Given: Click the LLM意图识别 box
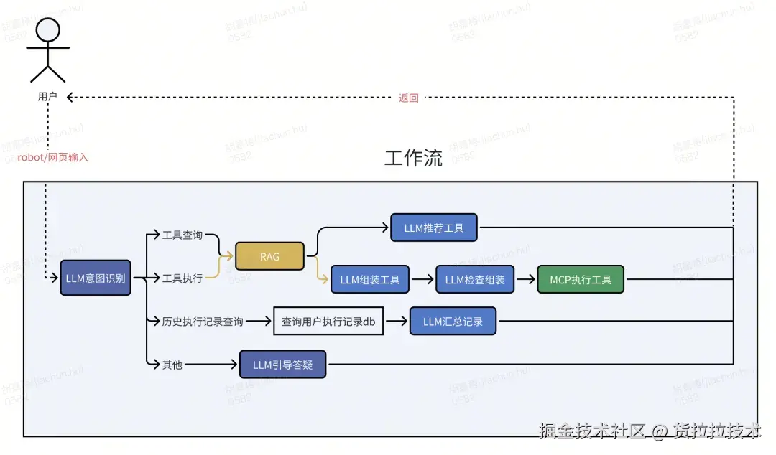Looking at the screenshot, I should pos(96,278).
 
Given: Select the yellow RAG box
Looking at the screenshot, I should pos(269,256).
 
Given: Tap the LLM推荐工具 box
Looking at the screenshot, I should pos(434,228).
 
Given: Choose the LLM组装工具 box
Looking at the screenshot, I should pos(370,279).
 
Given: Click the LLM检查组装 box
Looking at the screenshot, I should pos(475,279).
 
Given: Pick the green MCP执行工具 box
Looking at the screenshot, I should pos(581,279).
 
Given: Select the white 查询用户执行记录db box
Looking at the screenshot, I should pos(328,322).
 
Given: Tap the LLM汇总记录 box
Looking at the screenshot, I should pos(453,322).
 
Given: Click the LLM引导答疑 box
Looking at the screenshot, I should pos(282,365).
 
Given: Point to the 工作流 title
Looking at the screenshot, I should pos(413,159).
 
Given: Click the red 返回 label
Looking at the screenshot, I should pos(408,98).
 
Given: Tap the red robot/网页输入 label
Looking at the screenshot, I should pos(52,157).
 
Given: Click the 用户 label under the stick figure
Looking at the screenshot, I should pos(47,96).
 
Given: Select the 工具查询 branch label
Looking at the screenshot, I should pos(183,235).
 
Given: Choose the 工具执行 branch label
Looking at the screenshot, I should pos(183,278).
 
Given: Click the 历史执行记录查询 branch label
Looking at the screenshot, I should pos(203,322).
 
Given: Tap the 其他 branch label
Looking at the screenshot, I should pos(172,365).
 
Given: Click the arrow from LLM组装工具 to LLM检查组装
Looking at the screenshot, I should pos(422,279).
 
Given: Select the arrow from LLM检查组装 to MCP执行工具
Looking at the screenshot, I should pos(526,279).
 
